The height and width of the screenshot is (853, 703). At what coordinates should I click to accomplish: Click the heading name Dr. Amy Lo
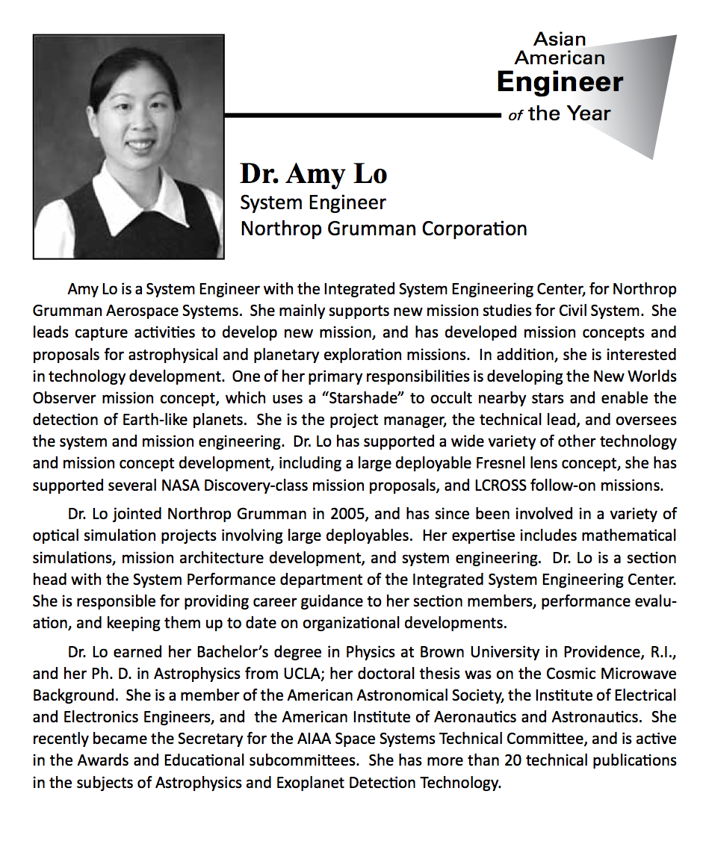[313, 173]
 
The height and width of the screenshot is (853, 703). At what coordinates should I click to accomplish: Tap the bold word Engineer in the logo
[560, 81]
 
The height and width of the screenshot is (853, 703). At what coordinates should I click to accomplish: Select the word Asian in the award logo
[560, 39]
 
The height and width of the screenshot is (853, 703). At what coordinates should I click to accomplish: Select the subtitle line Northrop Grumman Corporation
[383, 228]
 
